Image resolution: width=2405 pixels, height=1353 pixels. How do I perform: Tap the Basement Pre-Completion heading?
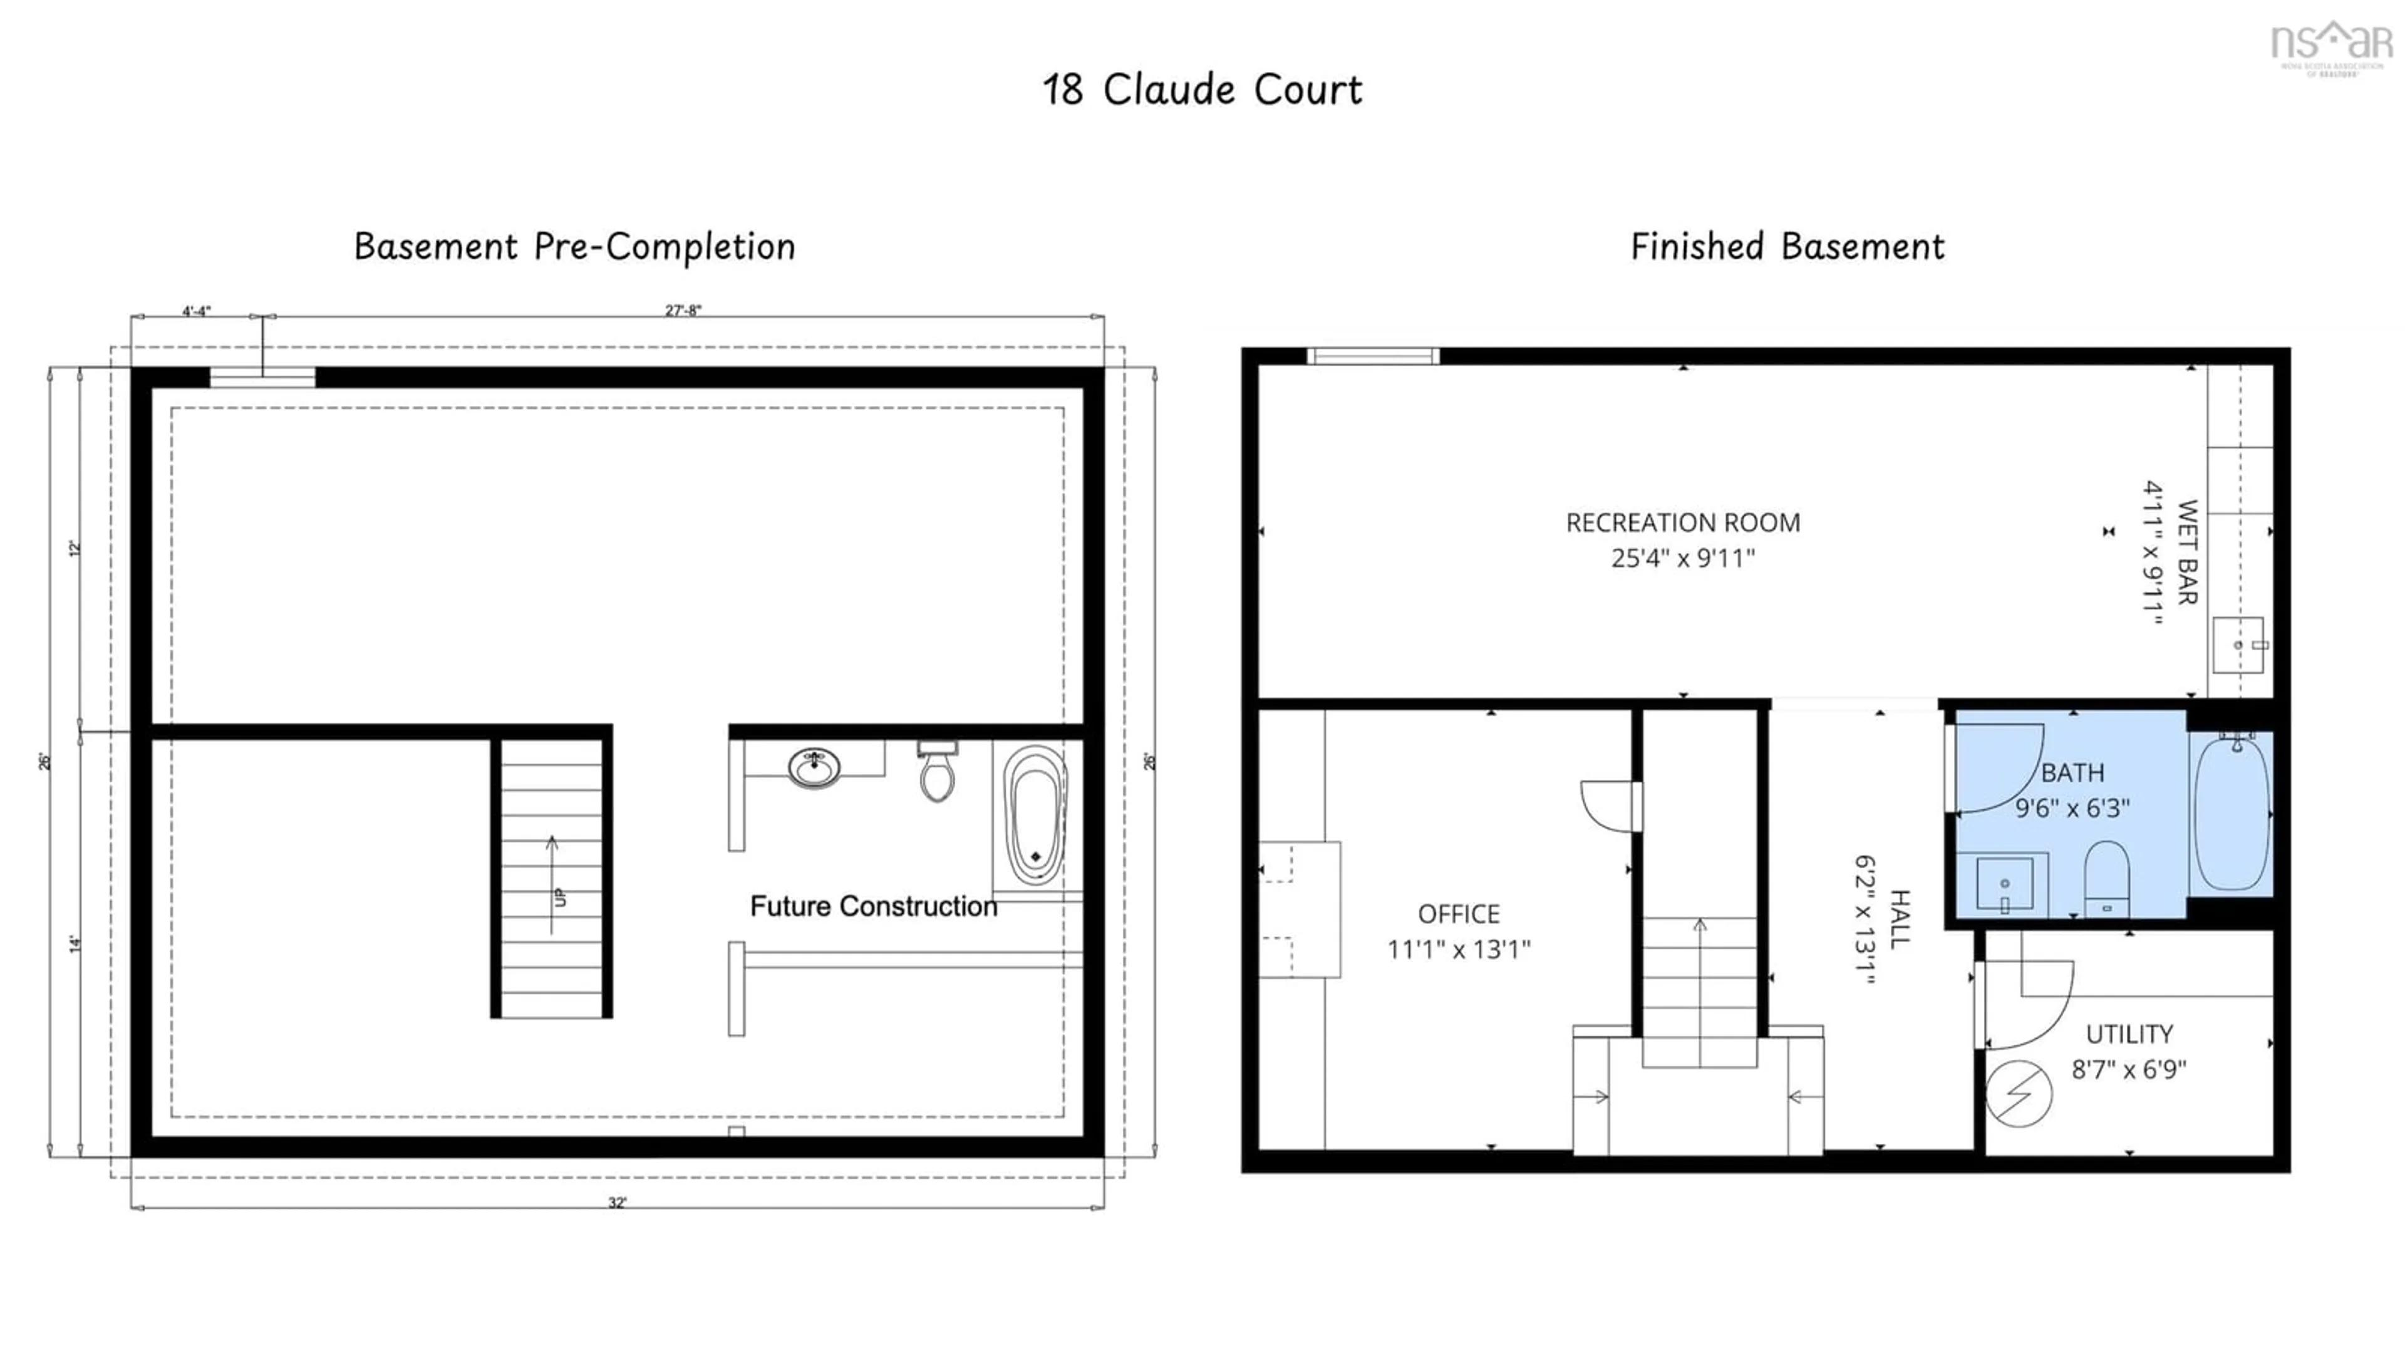(x=574, y=247)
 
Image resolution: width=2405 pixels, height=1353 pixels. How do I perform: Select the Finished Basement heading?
(x=1787, y=247)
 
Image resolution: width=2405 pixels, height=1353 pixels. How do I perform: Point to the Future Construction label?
(x=873, y=906)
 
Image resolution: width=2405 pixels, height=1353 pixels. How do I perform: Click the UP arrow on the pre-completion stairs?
(x=552, y=883)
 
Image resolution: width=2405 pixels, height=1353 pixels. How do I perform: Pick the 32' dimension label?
(x=617, y=1203)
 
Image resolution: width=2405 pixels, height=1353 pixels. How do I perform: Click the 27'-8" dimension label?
(x=683, y=310)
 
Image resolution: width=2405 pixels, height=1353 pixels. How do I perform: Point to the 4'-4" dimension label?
(x=196, y=311)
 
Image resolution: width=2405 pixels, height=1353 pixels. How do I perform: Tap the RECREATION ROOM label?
(x=1682, y=523)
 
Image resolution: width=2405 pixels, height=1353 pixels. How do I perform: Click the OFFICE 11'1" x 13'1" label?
(x=1458, y=931)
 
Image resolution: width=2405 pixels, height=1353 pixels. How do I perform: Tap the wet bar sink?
(x=2238, y=645)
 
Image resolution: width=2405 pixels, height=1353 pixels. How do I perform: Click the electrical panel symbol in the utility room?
(x=2019, y=1094)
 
